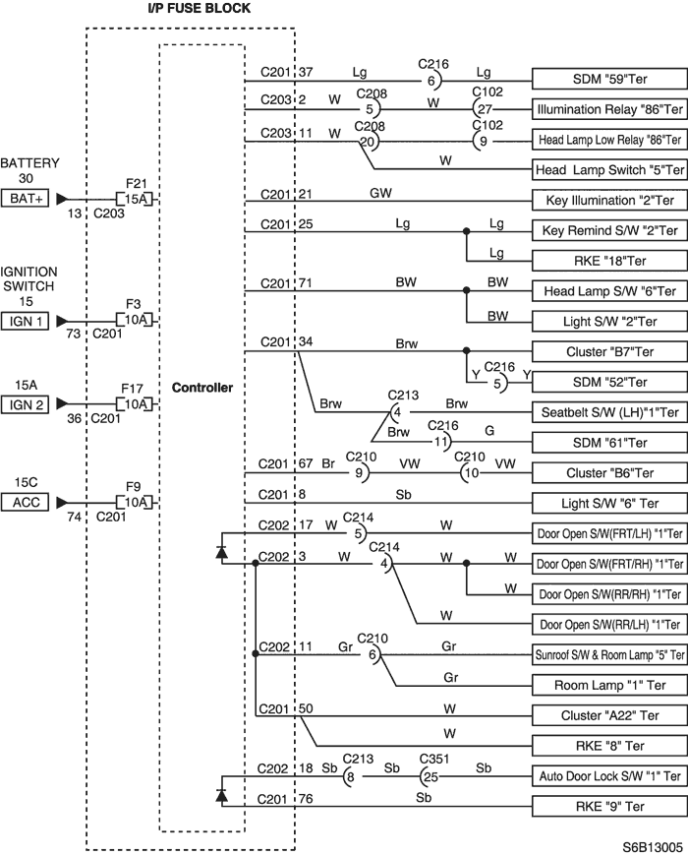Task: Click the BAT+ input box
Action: [26, 199]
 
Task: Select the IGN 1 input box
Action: [26, 321]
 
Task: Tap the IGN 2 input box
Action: [26, 404]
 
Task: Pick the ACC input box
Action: [26, 502]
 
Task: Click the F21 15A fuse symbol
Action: [135, 200]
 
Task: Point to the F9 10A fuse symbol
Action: [135, 502]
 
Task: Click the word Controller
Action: [202, 388]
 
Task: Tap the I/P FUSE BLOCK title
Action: [200, 8]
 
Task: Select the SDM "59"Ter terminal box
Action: [609, 79]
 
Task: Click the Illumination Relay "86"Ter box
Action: [609, 109]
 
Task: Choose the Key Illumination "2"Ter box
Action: [609, 201]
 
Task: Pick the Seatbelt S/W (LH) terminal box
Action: [609, 412]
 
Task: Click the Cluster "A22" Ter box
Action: [609, 715]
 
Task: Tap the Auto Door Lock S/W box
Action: [609, 775]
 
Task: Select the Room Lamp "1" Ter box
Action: [609, 685]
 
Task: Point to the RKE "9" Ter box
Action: [609, 807]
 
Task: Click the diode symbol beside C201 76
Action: [221, 795]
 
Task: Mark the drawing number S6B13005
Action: [653, 847]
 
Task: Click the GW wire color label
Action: [380, 193]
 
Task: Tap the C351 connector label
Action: [434, 759]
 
